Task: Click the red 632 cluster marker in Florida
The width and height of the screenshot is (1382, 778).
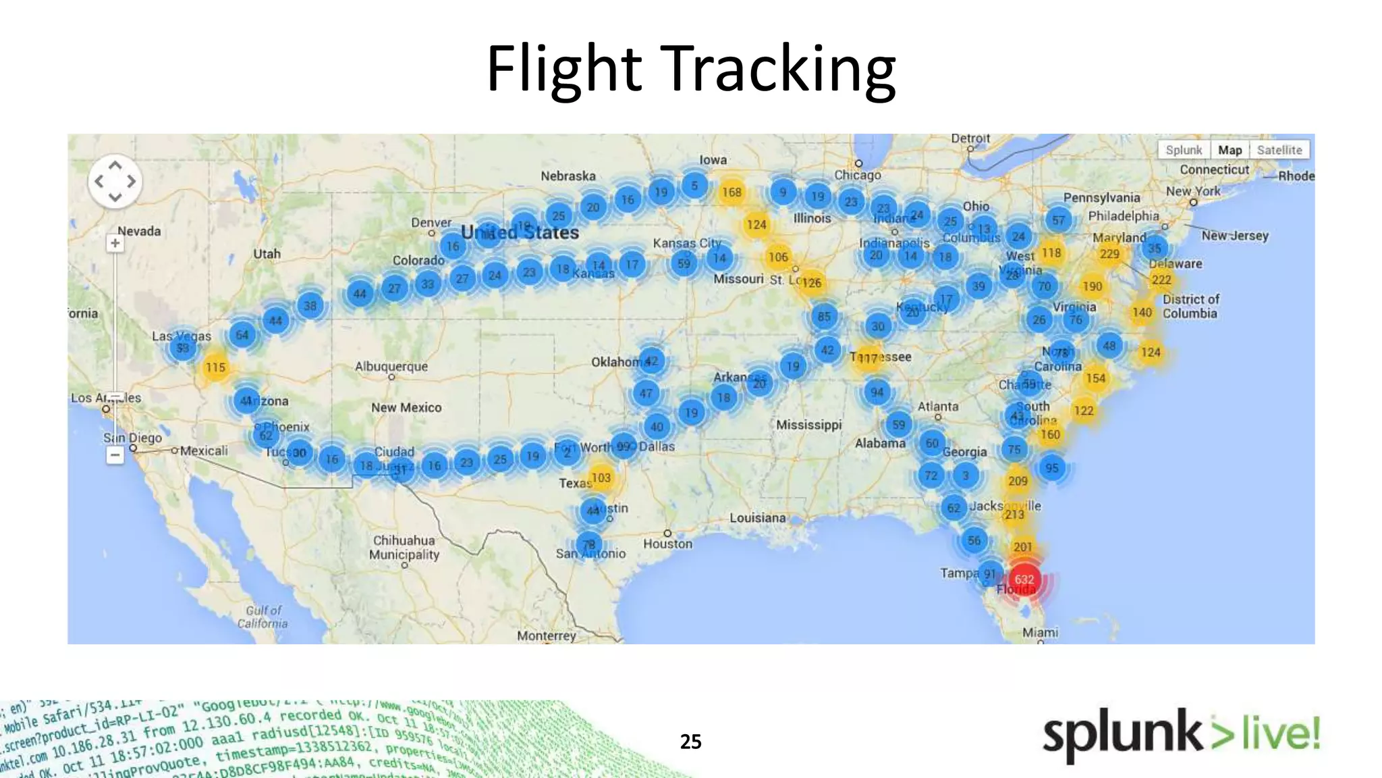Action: coord(1024,579)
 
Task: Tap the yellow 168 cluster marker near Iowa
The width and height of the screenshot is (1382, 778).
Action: coord(731,192)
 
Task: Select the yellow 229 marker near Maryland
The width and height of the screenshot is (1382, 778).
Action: coord(1109,253)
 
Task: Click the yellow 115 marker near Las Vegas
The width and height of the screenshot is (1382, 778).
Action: coord(215,367)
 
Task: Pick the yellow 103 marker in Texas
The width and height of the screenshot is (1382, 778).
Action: coord(601,477)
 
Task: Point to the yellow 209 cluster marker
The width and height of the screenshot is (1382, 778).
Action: coord(1018,481)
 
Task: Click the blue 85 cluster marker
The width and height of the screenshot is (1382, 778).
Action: coord(824,316)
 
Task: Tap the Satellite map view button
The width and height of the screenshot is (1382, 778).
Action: coord(1279,150)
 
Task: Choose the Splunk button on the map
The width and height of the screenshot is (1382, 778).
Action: coord(1184,150)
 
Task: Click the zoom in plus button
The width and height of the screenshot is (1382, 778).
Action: coord(115,243)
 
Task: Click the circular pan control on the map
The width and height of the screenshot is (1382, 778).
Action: coord(115,181)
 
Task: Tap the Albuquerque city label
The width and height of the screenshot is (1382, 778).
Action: coord(391,366)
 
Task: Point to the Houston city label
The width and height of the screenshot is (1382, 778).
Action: coord(667,544)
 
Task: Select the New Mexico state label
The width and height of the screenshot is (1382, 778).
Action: coord(406,407)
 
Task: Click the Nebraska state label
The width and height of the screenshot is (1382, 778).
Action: coord(568,176)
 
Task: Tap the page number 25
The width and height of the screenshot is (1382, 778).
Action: coord(690,742)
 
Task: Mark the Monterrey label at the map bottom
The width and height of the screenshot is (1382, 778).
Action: coord(547,636)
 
